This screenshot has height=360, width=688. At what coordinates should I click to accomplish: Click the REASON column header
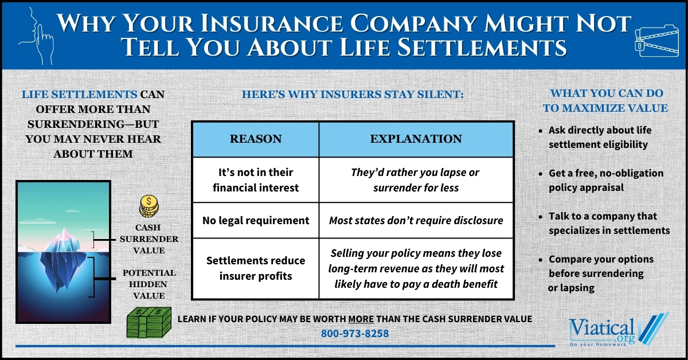click(x=255, y=139)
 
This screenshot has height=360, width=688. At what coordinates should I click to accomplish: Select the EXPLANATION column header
click(x=416, y=139)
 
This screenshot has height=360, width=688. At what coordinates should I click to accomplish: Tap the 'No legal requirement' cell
click(x=255, y=220)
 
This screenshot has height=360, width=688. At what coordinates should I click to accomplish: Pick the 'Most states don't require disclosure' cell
click(x=416, y=220)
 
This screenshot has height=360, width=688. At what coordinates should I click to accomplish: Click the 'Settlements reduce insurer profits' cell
click(x=255, y=268)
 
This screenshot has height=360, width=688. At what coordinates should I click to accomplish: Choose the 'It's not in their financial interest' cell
click(x=255, y=179)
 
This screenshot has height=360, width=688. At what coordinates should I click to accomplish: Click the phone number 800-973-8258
click(x=355, y=332)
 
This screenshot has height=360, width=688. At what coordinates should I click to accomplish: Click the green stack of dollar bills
click(x=147, y=323)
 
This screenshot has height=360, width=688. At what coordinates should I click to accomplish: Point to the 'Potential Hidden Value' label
click(x=148, y=284)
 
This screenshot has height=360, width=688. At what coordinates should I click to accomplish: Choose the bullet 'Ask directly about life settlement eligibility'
click(x=600, y=137)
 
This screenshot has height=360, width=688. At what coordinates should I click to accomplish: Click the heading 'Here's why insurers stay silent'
click(x=352, y=93)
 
